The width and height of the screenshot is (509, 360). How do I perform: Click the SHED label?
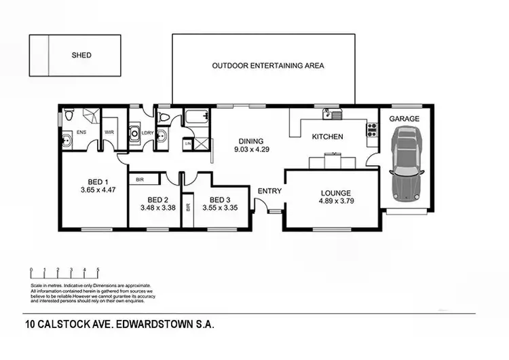[81, 55]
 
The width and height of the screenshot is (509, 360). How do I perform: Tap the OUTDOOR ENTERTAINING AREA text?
[268, 66]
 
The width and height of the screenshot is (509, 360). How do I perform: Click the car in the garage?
[406, 163]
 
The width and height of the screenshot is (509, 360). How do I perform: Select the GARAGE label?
[404, 119]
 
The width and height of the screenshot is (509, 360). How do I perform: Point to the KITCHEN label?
[327, 137]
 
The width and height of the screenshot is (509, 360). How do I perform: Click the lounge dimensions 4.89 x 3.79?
[337, 201]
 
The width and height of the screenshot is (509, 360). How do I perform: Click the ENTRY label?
[269, 191]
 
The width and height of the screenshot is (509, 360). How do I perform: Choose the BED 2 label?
[157, 200]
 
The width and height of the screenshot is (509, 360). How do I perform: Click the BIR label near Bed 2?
[140, 180]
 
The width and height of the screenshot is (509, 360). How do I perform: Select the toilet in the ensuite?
[69, 116]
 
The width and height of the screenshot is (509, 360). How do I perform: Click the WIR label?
[109, 132]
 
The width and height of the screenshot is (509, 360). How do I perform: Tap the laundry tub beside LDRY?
[134, 133]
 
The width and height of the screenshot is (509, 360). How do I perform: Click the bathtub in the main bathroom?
[196, 116]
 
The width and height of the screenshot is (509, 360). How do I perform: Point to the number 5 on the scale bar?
[98, 270]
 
